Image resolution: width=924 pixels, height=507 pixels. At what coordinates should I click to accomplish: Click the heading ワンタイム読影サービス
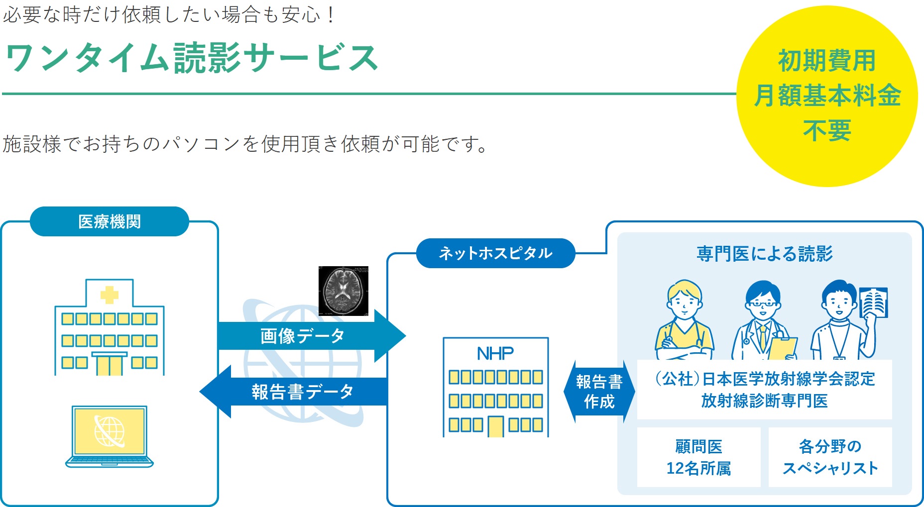[192, 58]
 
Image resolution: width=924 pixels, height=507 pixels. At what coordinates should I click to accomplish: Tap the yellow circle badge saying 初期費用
[826, 96]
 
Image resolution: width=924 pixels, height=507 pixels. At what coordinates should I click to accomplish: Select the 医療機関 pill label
[110, 221]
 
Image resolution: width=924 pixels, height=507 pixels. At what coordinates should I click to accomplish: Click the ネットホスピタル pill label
[495, 253]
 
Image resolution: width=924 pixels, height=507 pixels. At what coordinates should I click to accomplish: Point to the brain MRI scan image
[344, 291]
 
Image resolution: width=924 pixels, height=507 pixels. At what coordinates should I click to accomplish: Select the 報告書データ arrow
[296, 392]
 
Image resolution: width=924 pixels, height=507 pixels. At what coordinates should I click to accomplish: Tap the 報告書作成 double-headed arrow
[599, 392]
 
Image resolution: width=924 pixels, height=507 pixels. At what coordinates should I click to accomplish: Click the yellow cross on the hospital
[110, 295]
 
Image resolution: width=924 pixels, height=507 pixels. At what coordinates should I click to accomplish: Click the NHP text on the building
[495, 354]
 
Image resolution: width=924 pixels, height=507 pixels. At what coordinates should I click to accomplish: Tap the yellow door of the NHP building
[496, 427]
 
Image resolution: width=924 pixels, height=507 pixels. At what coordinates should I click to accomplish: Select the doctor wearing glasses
[762, 321]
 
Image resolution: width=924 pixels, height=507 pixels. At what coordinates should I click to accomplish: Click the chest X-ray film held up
[874, 303]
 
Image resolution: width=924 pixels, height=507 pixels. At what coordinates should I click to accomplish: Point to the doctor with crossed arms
[685, 321]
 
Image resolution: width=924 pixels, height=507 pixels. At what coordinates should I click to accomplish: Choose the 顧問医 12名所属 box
[698, 457]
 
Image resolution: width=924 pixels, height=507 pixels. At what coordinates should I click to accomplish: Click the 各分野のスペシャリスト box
[830, 457]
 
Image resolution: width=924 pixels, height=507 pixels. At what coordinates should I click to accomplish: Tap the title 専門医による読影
[764, 254]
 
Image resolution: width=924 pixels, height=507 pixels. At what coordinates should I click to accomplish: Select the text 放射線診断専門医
[764, 401]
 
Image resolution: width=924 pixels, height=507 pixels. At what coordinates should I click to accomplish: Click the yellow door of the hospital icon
[110, 365]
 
